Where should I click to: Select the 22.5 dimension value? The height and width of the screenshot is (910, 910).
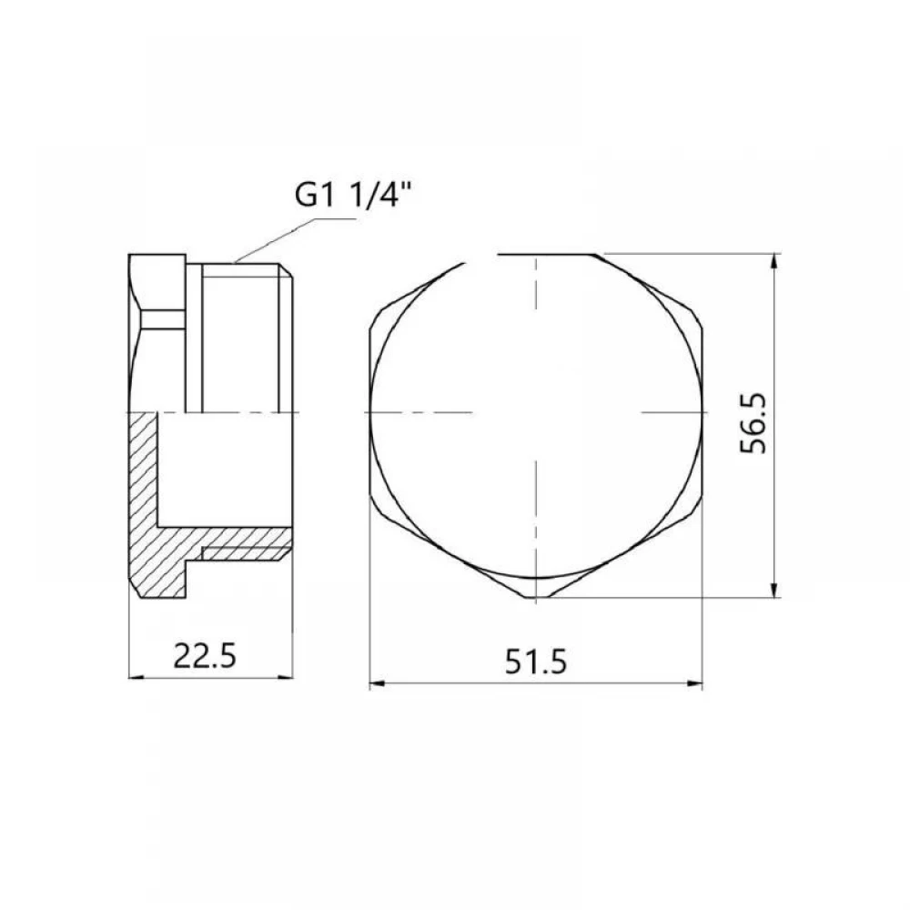point(205,656)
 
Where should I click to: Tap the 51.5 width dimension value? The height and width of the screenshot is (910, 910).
point(535,662)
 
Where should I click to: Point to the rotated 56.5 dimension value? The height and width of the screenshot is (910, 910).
point(753,423)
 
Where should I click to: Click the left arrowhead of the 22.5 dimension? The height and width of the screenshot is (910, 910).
point(136,677)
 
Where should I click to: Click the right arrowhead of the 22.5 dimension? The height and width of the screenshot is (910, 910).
point(286,677)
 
